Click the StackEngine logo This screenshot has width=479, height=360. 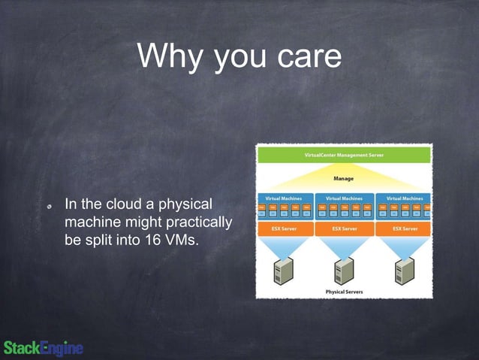point(44,348)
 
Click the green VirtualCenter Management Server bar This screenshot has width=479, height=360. point(345,155)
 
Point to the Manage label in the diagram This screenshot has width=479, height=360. point(345,178)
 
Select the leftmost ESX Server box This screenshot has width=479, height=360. point(284,228)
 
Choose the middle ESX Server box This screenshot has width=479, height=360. point(345,228)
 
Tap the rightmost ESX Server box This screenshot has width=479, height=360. point(405,228)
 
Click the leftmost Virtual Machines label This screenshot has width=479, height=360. point(284,198)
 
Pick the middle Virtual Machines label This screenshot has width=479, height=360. point(345,198)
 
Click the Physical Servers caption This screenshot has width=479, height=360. point(345,292)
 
